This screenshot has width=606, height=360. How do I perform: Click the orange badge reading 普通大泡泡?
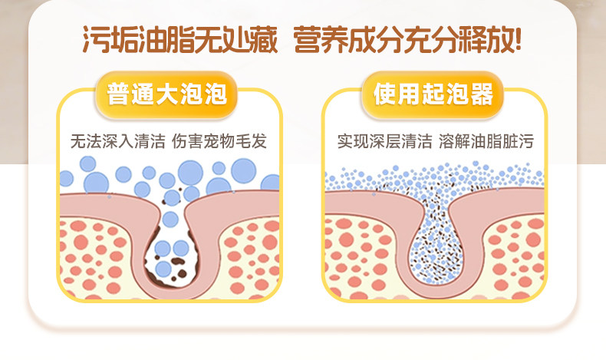[166, 94]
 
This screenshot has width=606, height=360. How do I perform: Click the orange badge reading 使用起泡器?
[433, 94]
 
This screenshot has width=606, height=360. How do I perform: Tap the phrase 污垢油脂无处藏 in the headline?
[180, 39]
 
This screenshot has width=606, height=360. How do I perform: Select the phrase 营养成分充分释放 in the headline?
[401, 39]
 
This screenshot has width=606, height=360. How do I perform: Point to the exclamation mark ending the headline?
[516, 39]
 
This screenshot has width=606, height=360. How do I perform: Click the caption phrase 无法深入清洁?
[117, 141]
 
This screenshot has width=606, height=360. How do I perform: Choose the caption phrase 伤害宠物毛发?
[219, 141]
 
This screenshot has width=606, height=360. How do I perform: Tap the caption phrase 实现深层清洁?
[384, 141]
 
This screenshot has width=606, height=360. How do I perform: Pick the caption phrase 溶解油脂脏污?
[486, 141]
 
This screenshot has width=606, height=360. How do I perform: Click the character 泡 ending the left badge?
[216, 94]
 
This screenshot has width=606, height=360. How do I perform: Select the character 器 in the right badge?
[482, 94]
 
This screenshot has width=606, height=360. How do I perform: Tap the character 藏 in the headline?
[264, 39]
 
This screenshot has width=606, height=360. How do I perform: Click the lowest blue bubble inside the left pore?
[163, 269]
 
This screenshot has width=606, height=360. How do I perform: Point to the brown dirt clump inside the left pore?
[178, 262]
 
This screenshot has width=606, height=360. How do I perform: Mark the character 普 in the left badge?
[117, 94]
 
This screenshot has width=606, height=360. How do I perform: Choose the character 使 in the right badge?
[384, 94]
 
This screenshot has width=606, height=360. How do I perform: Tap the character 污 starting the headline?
[96, 39]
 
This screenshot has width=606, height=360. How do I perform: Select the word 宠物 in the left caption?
[219, 141]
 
